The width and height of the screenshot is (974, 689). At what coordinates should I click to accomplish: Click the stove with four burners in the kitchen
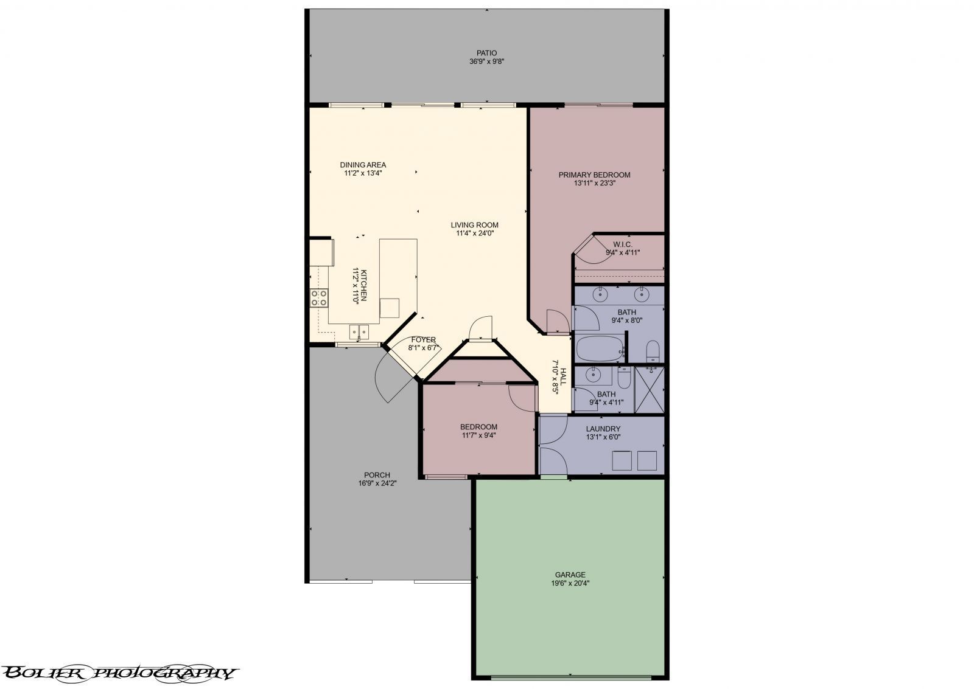[x=319, y=297]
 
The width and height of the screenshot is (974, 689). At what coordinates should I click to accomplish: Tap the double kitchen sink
[x=359, y=331]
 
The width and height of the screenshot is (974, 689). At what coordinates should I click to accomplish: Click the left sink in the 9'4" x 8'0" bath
[x=601, y=294]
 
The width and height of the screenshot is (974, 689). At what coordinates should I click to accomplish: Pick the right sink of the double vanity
[x=641, y=294]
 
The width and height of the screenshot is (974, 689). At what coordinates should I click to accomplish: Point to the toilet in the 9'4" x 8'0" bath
[x=652, y=350]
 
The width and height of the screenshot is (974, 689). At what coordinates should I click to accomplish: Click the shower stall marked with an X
[x=649, y=389]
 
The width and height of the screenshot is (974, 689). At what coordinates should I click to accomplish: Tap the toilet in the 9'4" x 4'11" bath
[x=625, y=378]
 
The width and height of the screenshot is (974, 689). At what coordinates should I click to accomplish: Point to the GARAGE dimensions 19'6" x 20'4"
[x=570, y=583]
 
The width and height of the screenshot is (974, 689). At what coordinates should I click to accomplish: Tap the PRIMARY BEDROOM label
[x=594, y=175]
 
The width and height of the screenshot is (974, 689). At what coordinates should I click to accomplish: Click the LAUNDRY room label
[x=603, y=429]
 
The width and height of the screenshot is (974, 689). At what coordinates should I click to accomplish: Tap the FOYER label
[x=423, y=340]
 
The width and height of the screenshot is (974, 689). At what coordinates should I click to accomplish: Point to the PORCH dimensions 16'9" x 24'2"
[x=377, y=484]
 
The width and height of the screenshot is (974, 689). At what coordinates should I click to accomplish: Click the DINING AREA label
[x=363, y=165]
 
